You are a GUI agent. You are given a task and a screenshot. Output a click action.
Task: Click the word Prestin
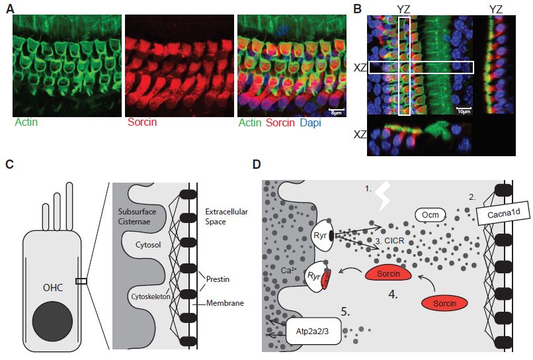pyautogui.click(x=216, y=279)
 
